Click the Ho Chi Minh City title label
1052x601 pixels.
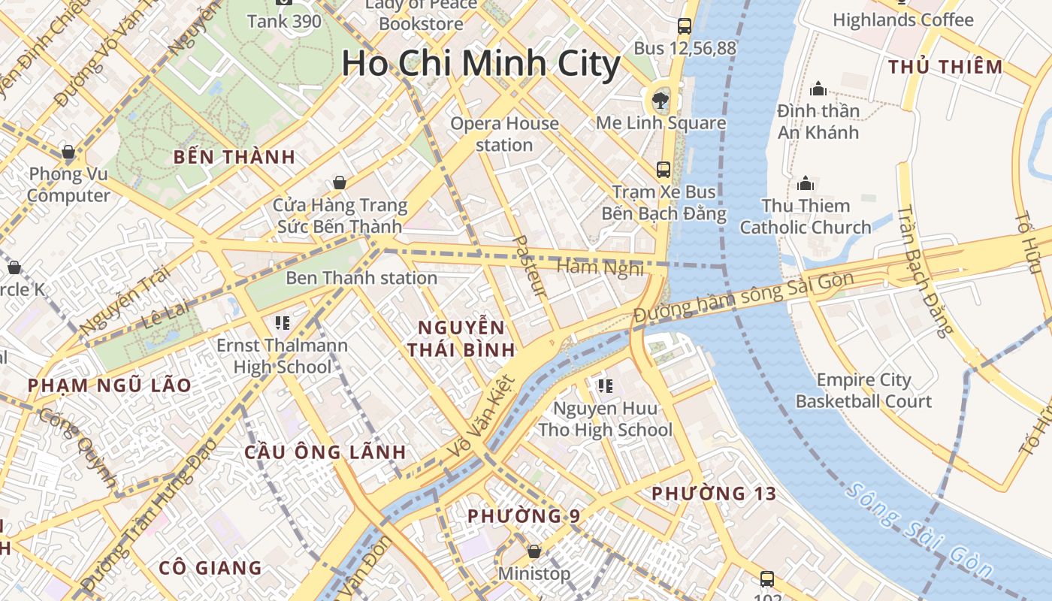click(x=481, y=64)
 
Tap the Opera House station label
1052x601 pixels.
click(x=504, y=134)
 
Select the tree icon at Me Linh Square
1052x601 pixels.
click(x=661, y=99)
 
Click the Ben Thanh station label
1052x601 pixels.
click(x=361, y=278)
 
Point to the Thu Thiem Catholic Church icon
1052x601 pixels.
click(x=806, y=183)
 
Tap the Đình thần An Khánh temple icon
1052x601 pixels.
click(x=818, y=89)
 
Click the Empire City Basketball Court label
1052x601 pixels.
click(x=863, y=391)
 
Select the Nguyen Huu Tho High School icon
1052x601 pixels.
click(x=605, y=386)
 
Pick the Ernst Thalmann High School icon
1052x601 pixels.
click(x=283, y=323)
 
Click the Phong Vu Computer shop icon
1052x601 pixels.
click(x=68, y=153)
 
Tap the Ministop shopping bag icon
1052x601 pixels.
click(x=534, y=551)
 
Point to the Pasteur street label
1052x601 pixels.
click(x=529, y=265)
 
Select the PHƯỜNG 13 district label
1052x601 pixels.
click(x=713, y=494)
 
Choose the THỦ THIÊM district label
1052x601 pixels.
click(x=945, y=67)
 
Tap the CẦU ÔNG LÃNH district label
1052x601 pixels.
click(x=325, y=452)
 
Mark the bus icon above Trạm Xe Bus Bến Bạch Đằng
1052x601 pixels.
click(x=664, y=170)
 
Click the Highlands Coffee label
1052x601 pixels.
click(x=902, y=20)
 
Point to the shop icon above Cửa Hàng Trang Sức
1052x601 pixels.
click(x=340, y=183)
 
